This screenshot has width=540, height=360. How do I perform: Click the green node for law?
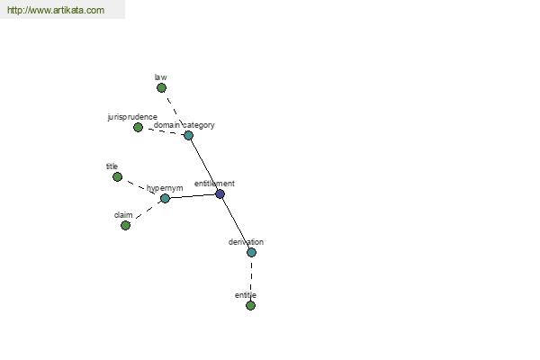tap(161, 88)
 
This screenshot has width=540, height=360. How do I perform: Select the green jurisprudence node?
tap(138, 128)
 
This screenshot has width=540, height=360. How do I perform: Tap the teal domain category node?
tap(188, 135)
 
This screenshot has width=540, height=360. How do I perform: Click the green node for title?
tap(117, 177)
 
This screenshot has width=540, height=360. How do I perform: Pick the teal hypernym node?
tap(166, 198)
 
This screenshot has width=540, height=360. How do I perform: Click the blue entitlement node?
tap(220, 194)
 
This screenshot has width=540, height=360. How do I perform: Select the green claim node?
tap(126, 226)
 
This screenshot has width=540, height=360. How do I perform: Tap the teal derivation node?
tap(251, 253)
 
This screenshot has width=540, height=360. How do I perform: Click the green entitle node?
tap(251, 306)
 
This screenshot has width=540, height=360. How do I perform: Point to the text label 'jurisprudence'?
tap(132, 118)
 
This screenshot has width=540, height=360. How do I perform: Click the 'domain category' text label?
tap(184, 125)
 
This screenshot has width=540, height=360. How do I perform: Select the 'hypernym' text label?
tap(165, 188)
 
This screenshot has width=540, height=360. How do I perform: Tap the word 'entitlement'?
tap(214, 184)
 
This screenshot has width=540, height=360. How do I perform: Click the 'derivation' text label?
tap(246, 242)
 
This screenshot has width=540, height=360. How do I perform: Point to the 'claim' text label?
tap(123, 215)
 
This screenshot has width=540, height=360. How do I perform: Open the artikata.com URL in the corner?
tap(56, 10)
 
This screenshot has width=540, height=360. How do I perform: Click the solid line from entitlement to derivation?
tap(236, 223)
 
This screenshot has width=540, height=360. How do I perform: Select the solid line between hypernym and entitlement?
tap(193, 196)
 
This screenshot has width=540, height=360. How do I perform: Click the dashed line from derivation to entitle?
tap(251, 279)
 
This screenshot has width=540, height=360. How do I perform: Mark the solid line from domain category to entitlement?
tap(204, 165)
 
